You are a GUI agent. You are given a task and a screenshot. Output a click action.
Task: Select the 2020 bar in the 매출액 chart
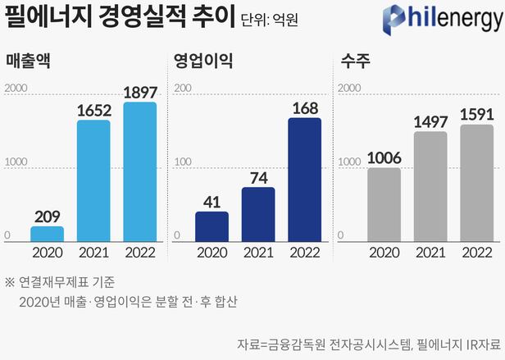(x=47, y=234)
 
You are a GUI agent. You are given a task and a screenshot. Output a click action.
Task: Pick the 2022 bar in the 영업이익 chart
(x=305, y=180)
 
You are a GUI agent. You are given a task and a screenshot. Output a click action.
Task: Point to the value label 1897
(x=140, y=92)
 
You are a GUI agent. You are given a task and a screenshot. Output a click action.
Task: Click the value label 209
(x=47, y=216)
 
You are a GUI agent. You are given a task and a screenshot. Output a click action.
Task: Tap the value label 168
(x=305, y=107)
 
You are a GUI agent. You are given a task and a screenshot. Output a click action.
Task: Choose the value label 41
(x=212, y=201)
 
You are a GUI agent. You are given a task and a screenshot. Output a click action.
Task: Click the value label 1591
(x=477, y=114)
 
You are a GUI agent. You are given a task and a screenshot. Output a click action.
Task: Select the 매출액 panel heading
(x=28, y=61)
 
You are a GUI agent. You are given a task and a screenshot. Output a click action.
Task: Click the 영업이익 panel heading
(x=204, y=61)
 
